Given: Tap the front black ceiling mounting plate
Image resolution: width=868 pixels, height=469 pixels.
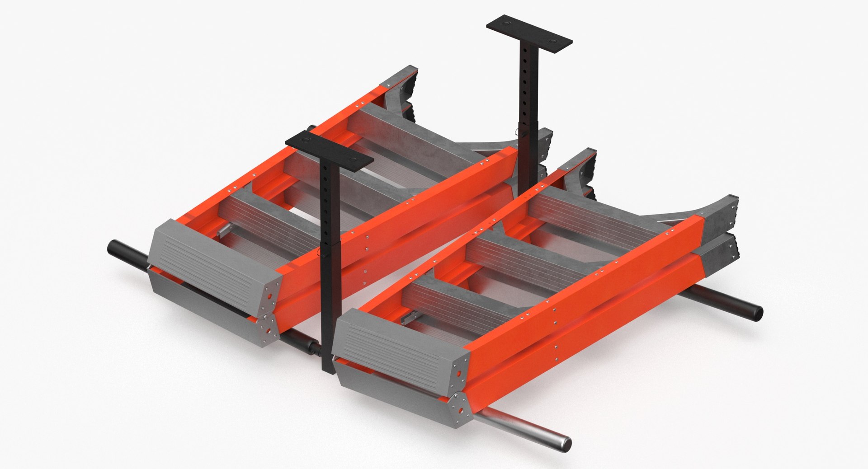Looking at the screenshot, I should (x=329, y=151).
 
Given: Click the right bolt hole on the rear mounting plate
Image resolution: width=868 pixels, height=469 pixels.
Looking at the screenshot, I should (x=553, y=41).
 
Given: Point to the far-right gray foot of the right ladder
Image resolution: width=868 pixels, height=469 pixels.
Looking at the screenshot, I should (x=723, y=215).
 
